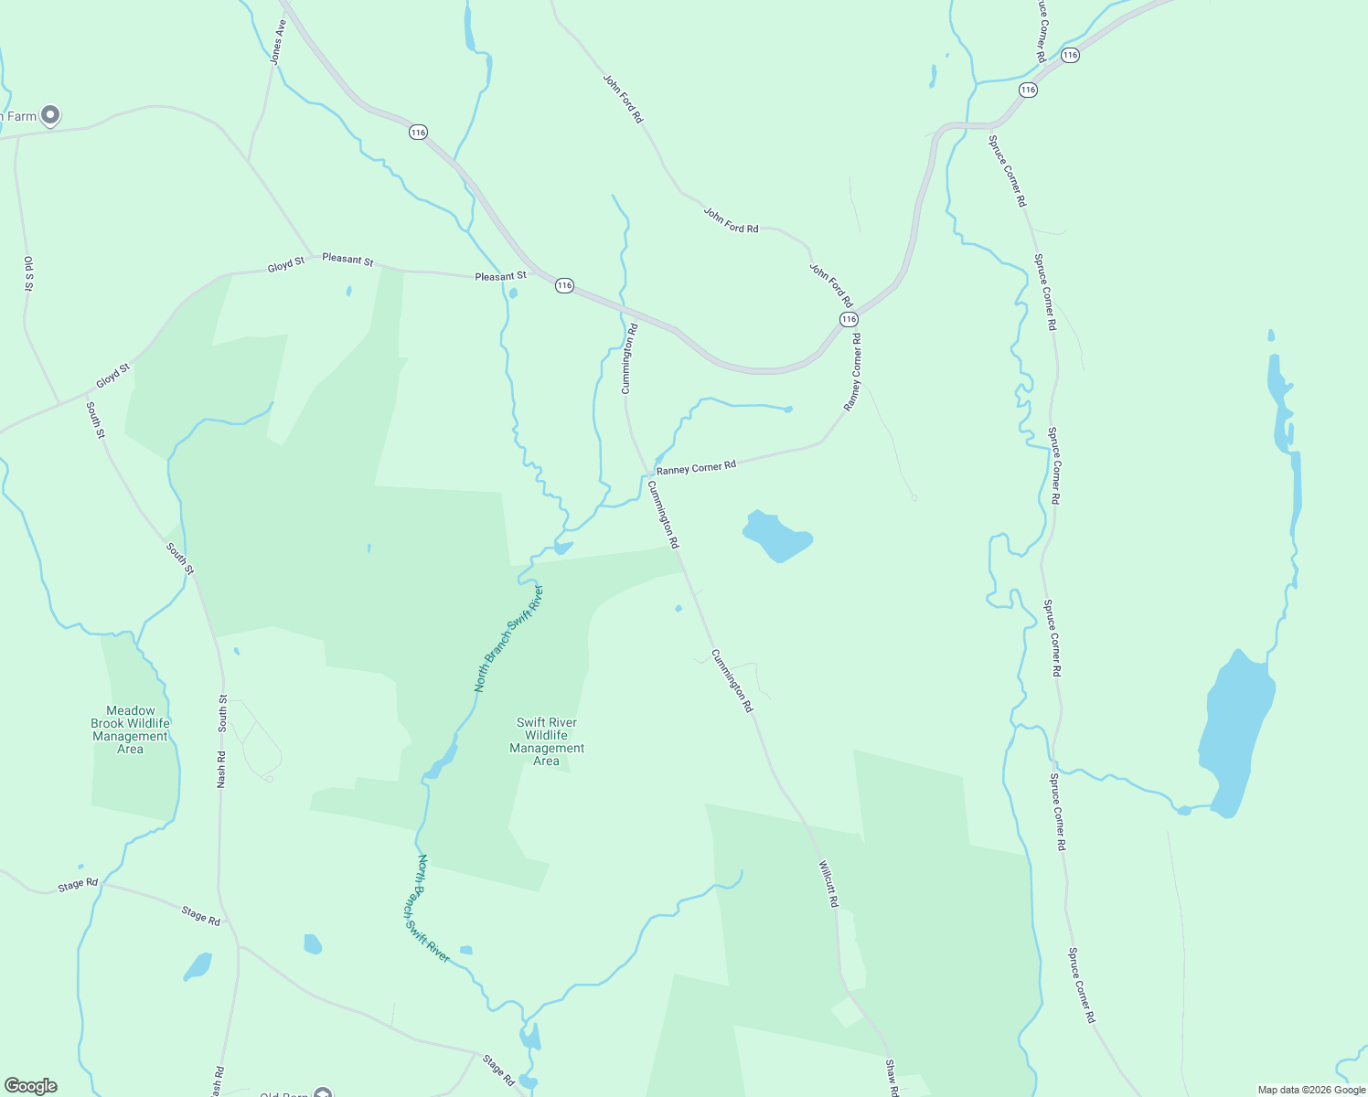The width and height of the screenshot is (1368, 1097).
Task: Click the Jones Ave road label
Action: click(278, 43)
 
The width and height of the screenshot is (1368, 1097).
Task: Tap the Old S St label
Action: click(28, 273)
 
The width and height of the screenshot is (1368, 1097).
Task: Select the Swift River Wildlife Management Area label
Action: click(547, 741)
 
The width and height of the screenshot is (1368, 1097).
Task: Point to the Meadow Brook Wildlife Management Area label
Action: click(130, 730)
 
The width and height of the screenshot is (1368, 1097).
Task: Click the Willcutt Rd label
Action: click(828, 883)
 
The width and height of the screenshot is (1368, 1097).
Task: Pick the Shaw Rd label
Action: click(892, 1078)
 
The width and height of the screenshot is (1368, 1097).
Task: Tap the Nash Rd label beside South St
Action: click(220, 770)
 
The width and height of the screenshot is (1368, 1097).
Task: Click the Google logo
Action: click(30, 1086)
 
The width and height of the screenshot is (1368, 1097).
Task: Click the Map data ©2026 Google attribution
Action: click(1311, 1090)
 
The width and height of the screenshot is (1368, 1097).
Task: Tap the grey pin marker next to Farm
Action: click(51, 115)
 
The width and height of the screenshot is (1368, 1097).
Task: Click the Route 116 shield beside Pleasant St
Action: click(564, 286)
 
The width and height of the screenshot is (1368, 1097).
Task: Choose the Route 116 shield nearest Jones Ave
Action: click(418, 133)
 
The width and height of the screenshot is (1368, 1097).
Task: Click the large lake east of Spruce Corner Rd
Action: click(1237, 731)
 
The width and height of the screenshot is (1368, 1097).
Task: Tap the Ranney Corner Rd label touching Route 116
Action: click(852, 372)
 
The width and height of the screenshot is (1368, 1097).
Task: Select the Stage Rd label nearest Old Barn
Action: click(499, 1070)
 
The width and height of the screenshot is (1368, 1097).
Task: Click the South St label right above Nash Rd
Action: click(222, 713)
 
